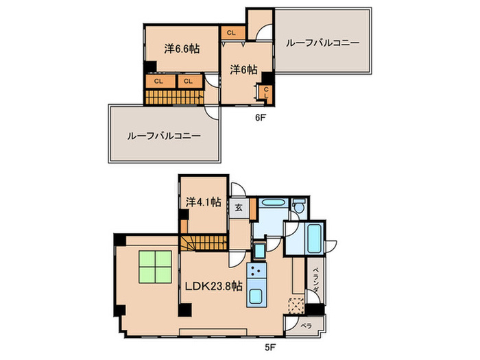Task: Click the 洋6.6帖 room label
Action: coord(182,49)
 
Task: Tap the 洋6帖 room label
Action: coord(243,69)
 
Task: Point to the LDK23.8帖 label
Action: coord(213,286)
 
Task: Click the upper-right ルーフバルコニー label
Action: coord(322,43)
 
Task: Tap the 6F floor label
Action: coord(260,117)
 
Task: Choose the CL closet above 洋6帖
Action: coord(230,32)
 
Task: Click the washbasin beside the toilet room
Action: coord(272,204)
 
